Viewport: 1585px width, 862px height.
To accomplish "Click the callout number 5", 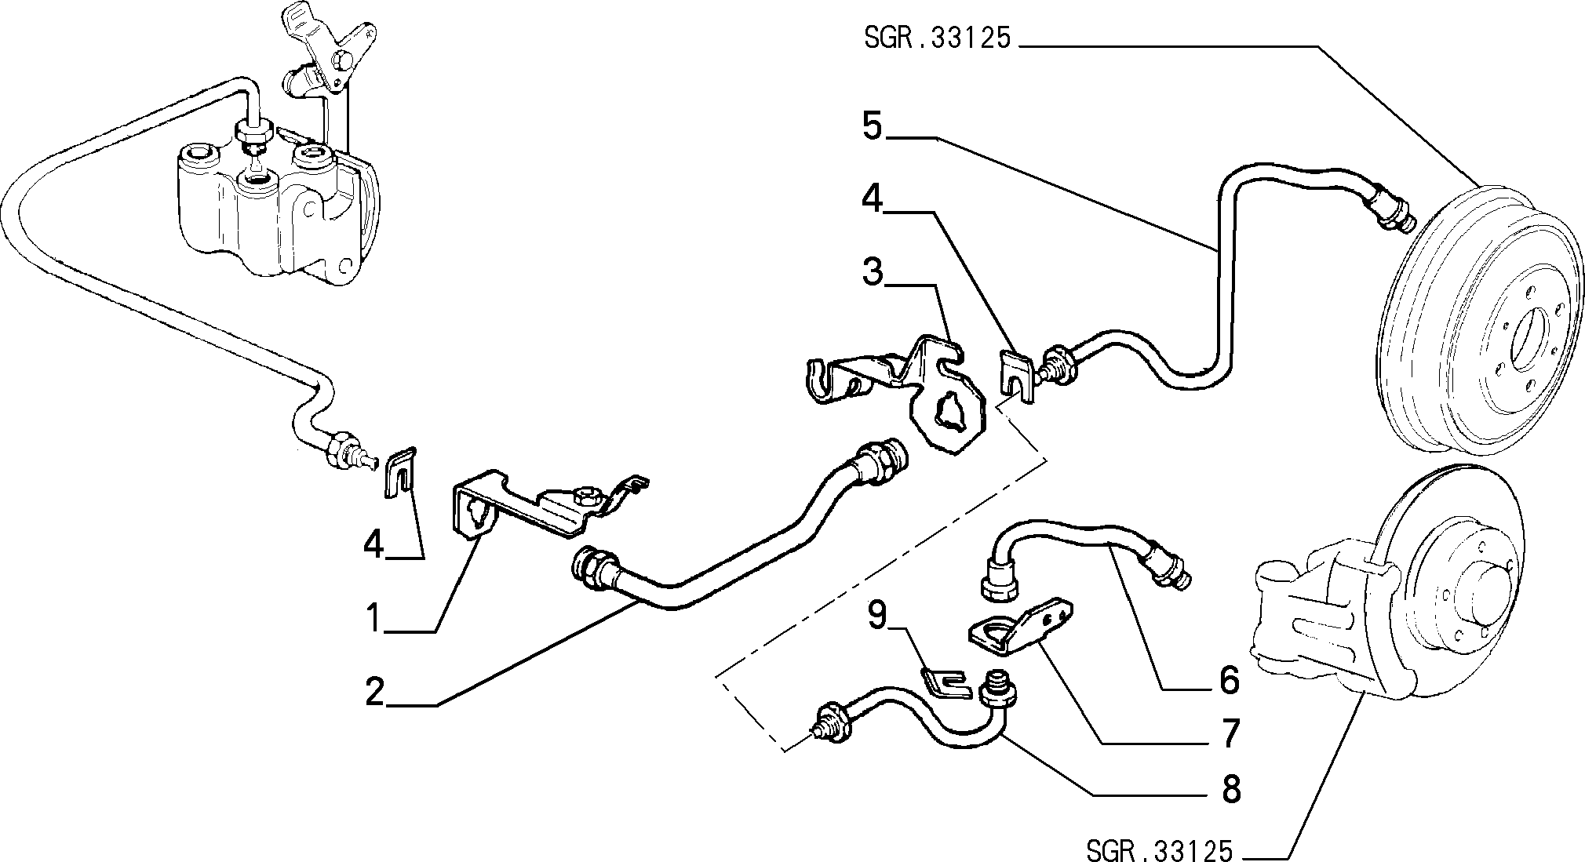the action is pos(873,125).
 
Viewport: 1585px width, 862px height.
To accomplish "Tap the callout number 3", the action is pos(873,273).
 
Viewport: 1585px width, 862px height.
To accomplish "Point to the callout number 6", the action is pos(1229,679).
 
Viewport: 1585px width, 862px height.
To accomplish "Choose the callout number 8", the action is pos(1230,788).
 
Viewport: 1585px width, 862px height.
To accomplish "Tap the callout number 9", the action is pos(876,616).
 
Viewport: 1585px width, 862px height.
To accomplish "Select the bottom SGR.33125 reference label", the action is pos(1160,849).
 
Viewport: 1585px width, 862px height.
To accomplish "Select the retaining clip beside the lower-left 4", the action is pos(401,473).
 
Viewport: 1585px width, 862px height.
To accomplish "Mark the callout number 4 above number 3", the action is pos(873,198).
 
